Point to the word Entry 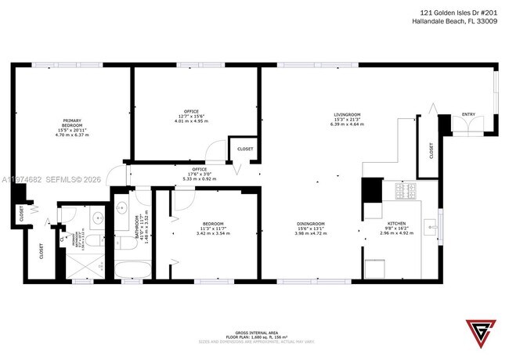468,115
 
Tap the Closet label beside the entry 431,149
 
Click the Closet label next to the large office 244,148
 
